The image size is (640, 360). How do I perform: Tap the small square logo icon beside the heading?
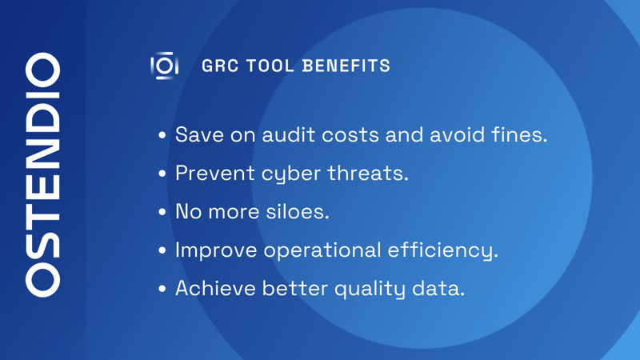[164, 66]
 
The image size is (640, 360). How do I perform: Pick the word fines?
[520, 134]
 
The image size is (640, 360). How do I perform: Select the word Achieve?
[214, 288]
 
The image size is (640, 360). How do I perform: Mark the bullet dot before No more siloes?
[162, 212]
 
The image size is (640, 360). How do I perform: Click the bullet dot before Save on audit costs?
[162, 135]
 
